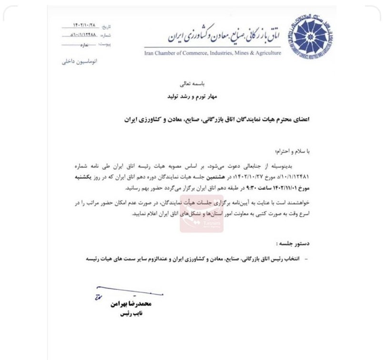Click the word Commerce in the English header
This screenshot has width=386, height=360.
tap(197, 53)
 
